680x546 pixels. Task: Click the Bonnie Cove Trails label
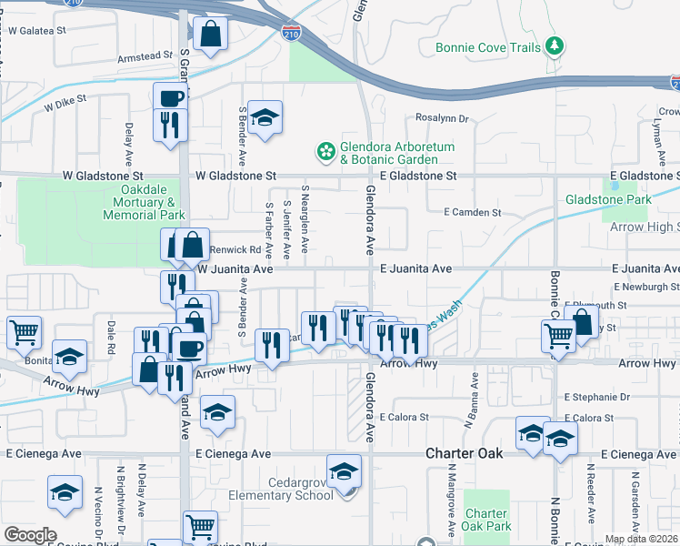(x=487, y=46)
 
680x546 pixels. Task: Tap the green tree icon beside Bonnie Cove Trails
(x=554, y=46)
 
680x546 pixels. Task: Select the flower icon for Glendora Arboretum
(x=325, y=150)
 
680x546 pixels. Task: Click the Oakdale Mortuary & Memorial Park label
(x=146, y=202)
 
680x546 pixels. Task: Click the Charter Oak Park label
(x=487, y=519)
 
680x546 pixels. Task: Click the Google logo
(x=30, y=535)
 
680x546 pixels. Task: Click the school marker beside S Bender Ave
(x=265, y=118)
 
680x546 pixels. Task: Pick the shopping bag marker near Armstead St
(x=210, y=35)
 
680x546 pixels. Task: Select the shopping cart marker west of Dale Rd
(x=25, y=332)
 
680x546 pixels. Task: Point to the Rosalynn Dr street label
(x=441, y=118)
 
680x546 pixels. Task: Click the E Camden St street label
(x=472, y=212)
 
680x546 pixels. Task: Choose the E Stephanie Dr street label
(x=596, y=397)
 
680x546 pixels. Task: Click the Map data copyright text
(x=641, y=539)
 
